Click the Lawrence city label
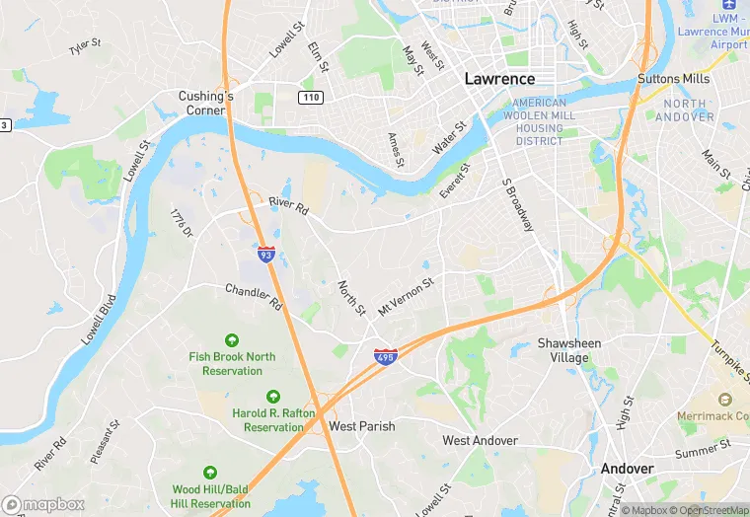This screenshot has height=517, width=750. tap(499, 79)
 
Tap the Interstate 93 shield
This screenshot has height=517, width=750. tap(266, 254)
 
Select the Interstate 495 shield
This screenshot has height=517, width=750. tap(385, 357)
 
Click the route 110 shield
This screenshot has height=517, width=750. tap(312, 97)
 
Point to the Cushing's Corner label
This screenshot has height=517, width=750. tap(205, 103)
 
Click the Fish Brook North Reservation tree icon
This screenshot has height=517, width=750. tap(233, 340)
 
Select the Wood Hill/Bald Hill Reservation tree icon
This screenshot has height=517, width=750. tap(210, 474)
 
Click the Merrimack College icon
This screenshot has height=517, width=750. tap(725, 401)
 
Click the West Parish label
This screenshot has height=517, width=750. tap(362, 426)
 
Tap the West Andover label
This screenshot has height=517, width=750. tap(480, 440)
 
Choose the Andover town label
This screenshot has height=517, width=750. tap(627, 469)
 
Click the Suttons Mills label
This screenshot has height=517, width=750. tap(674, 79)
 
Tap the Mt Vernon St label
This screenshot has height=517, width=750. tap(406, 296)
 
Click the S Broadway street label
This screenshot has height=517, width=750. tap(518, 206)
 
